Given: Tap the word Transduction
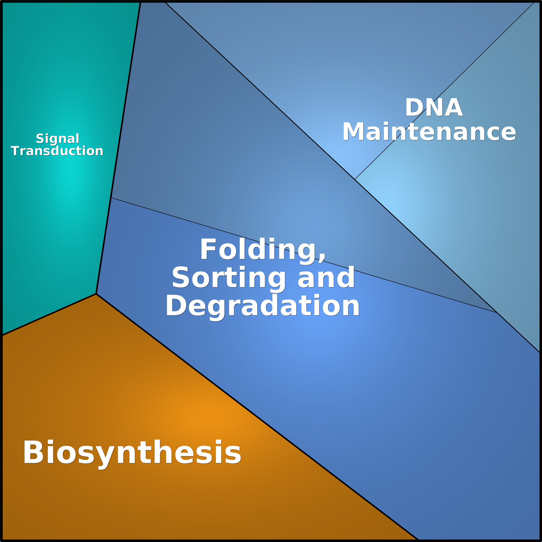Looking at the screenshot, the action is pos(57,151).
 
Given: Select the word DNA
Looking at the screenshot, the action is pos(434,107).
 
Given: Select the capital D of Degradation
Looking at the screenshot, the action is pos(176,305).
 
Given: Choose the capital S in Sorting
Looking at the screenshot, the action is pos(181,277).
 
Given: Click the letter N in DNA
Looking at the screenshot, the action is pos(434,107).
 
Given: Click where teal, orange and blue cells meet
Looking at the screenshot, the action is pos(96,294).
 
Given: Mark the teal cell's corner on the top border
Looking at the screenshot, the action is pos(140,2).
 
